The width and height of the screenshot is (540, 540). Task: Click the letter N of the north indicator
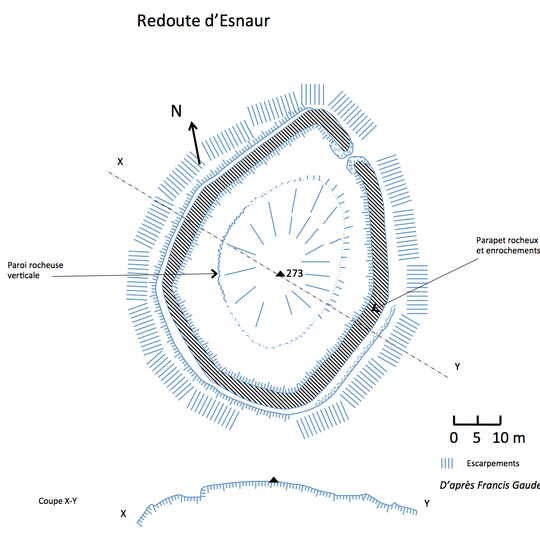pyautogui.click(x=176, y=112)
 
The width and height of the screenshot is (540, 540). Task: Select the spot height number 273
pyautogui.click(x=295, y=273)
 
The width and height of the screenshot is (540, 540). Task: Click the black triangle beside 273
pyautogui.click(x=280, y=273)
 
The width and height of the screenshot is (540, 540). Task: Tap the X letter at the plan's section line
pyautogui.click(x=120, y=160)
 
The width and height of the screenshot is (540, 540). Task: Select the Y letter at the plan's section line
pyautogui.click(x=457, y=367)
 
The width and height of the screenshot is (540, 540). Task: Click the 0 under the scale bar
pyautogui.click(x=454, y=438)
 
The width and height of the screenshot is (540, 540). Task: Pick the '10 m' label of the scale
pyautogui.click(x=509, y=438)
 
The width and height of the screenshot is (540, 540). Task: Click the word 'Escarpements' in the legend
pyautogui.click(x=492, y=463)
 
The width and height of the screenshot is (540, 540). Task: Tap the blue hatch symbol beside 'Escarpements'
pyautogui.click(x=449, y=463)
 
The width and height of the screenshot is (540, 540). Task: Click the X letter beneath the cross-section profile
pyautogui.click(x=123, y=514)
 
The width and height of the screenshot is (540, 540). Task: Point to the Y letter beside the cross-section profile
pyautogui.click(x=427, y=503)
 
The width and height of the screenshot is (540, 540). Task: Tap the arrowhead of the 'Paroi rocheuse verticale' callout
pyautogui.click(x=217, y=274)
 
